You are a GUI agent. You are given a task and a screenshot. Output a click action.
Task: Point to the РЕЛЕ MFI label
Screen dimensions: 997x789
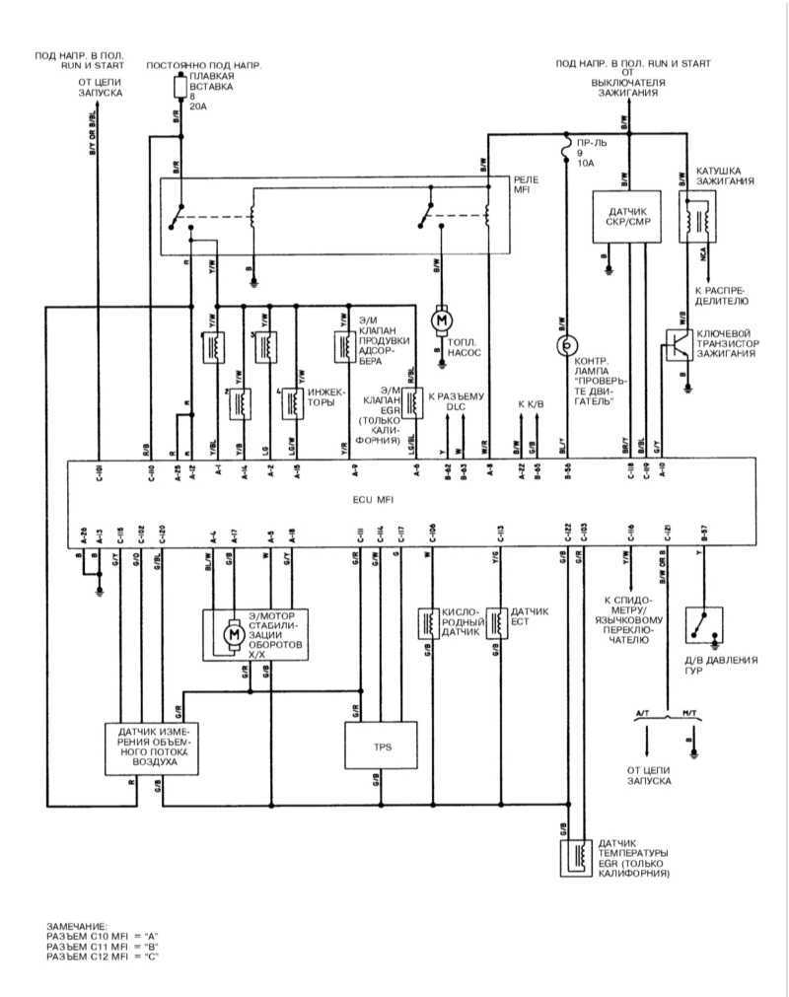(x=528, y=184)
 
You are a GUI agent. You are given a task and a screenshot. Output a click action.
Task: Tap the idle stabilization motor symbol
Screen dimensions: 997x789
(x=235, y=635)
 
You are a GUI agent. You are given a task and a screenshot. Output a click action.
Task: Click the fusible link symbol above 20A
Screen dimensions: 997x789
(x=179, y=88)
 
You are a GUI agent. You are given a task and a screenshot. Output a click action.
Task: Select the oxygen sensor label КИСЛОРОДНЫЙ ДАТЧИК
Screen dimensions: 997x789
(x=460, y=623)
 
